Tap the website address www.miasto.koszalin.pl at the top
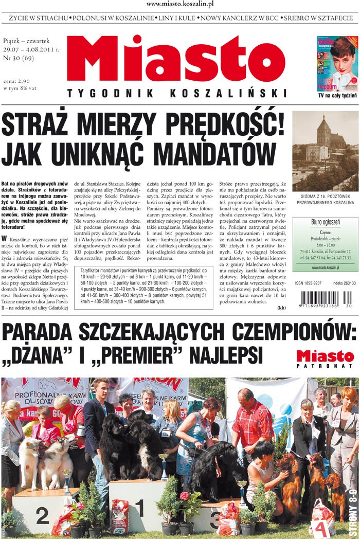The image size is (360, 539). coord(180,4)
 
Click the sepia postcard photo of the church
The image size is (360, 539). coord(325,151)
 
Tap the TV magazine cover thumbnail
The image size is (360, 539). coord(337,63)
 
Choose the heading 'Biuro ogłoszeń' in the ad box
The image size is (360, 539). coord(325,222)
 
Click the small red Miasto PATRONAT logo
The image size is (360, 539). coord(325,358)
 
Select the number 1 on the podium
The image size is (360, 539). coord(139,508)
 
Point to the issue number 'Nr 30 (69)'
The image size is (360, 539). coord(19,59)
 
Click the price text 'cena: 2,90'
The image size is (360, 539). coord(16,81)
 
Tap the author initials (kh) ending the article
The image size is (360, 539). coord(281,308)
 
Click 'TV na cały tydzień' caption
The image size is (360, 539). coord(337,96)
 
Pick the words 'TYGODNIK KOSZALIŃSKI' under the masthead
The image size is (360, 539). coord(176,93)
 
